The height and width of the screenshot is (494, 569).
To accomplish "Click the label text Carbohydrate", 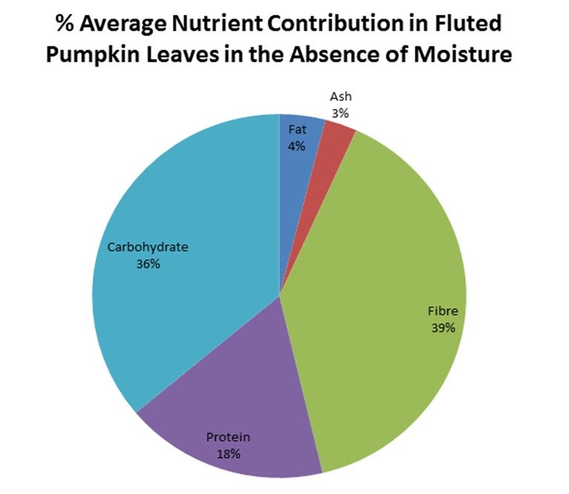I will pos(148,247).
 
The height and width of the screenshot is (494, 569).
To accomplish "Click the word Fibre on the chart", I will pos(443,312).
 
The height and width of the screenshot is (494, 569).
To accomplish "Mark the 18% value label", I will pos(228,453).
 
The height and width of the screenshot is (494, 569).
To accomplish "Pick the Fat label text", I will pos(297,130).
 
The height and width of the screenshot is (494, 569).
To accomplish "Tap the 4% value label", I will pos(297,146).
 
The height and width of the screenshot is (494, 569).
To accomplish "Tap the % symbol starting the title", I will pos(66,24).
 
